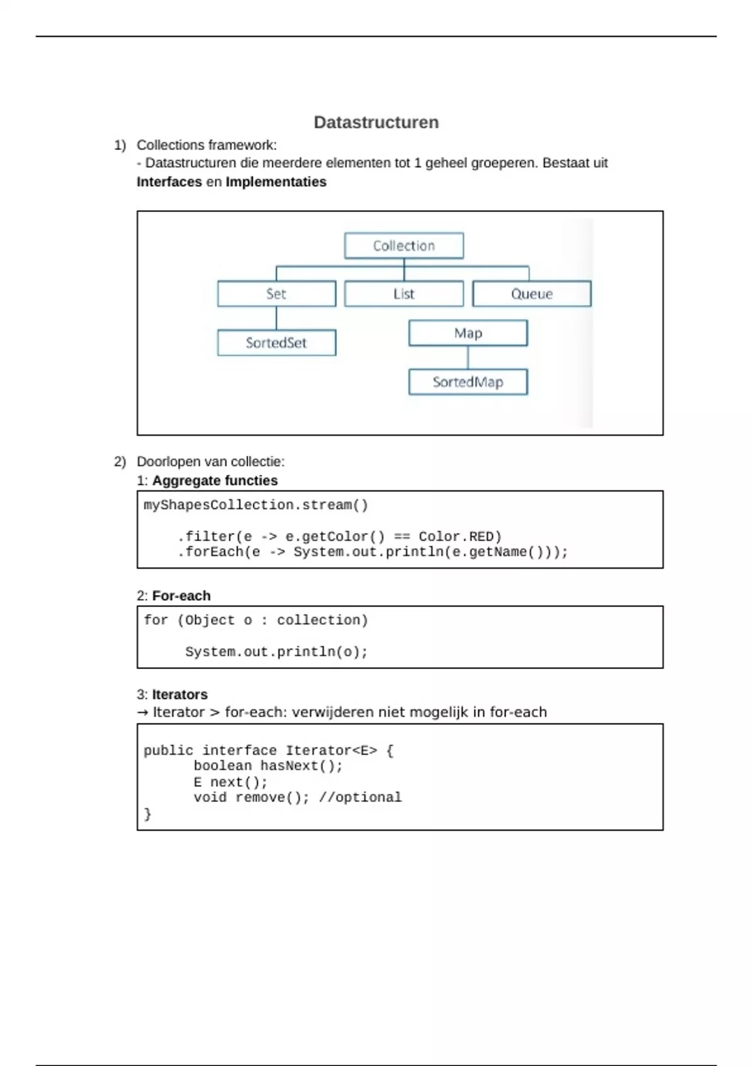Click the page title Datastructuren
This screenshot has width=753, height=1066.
pos(376,122)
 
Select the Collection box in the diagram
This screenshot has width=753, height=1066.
pos(403,246)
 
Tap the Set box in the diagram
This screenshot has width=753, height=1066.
pos(276,293)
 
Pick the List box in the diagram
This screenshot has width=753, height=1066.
pos(403,293)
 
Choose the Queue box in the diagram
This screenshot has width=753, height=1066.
pos(531,293)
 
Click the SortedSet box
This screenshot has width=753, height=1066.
pos(276,343)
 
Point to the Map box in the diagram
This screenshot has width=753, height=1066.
pos(467,333)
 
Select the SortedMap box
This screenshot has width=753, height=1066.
pos(467,382)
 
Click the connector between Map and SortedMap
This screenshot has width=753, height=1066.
pos(467,357)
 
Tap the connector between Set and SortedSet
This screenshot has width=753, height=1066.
pos(276,319)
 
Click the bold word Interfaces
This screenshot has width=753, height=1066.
pos(169,182)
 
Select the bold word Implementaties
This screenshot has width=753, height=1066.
pos(276,182)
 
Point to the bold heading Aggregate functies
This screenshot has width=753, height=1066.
pos(215,480)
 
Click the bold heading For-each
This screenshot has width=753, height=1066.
pos(181,596)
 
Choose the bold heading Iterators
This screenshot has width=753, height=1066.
pos(179,694)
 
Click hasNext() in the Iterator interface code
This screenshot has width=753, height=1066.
pos(301,766)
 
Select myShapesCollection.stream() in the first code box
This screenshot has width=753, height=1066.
pos(256,505)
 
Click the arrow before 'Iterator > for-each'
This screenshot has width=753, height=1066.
pos(142,712)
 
